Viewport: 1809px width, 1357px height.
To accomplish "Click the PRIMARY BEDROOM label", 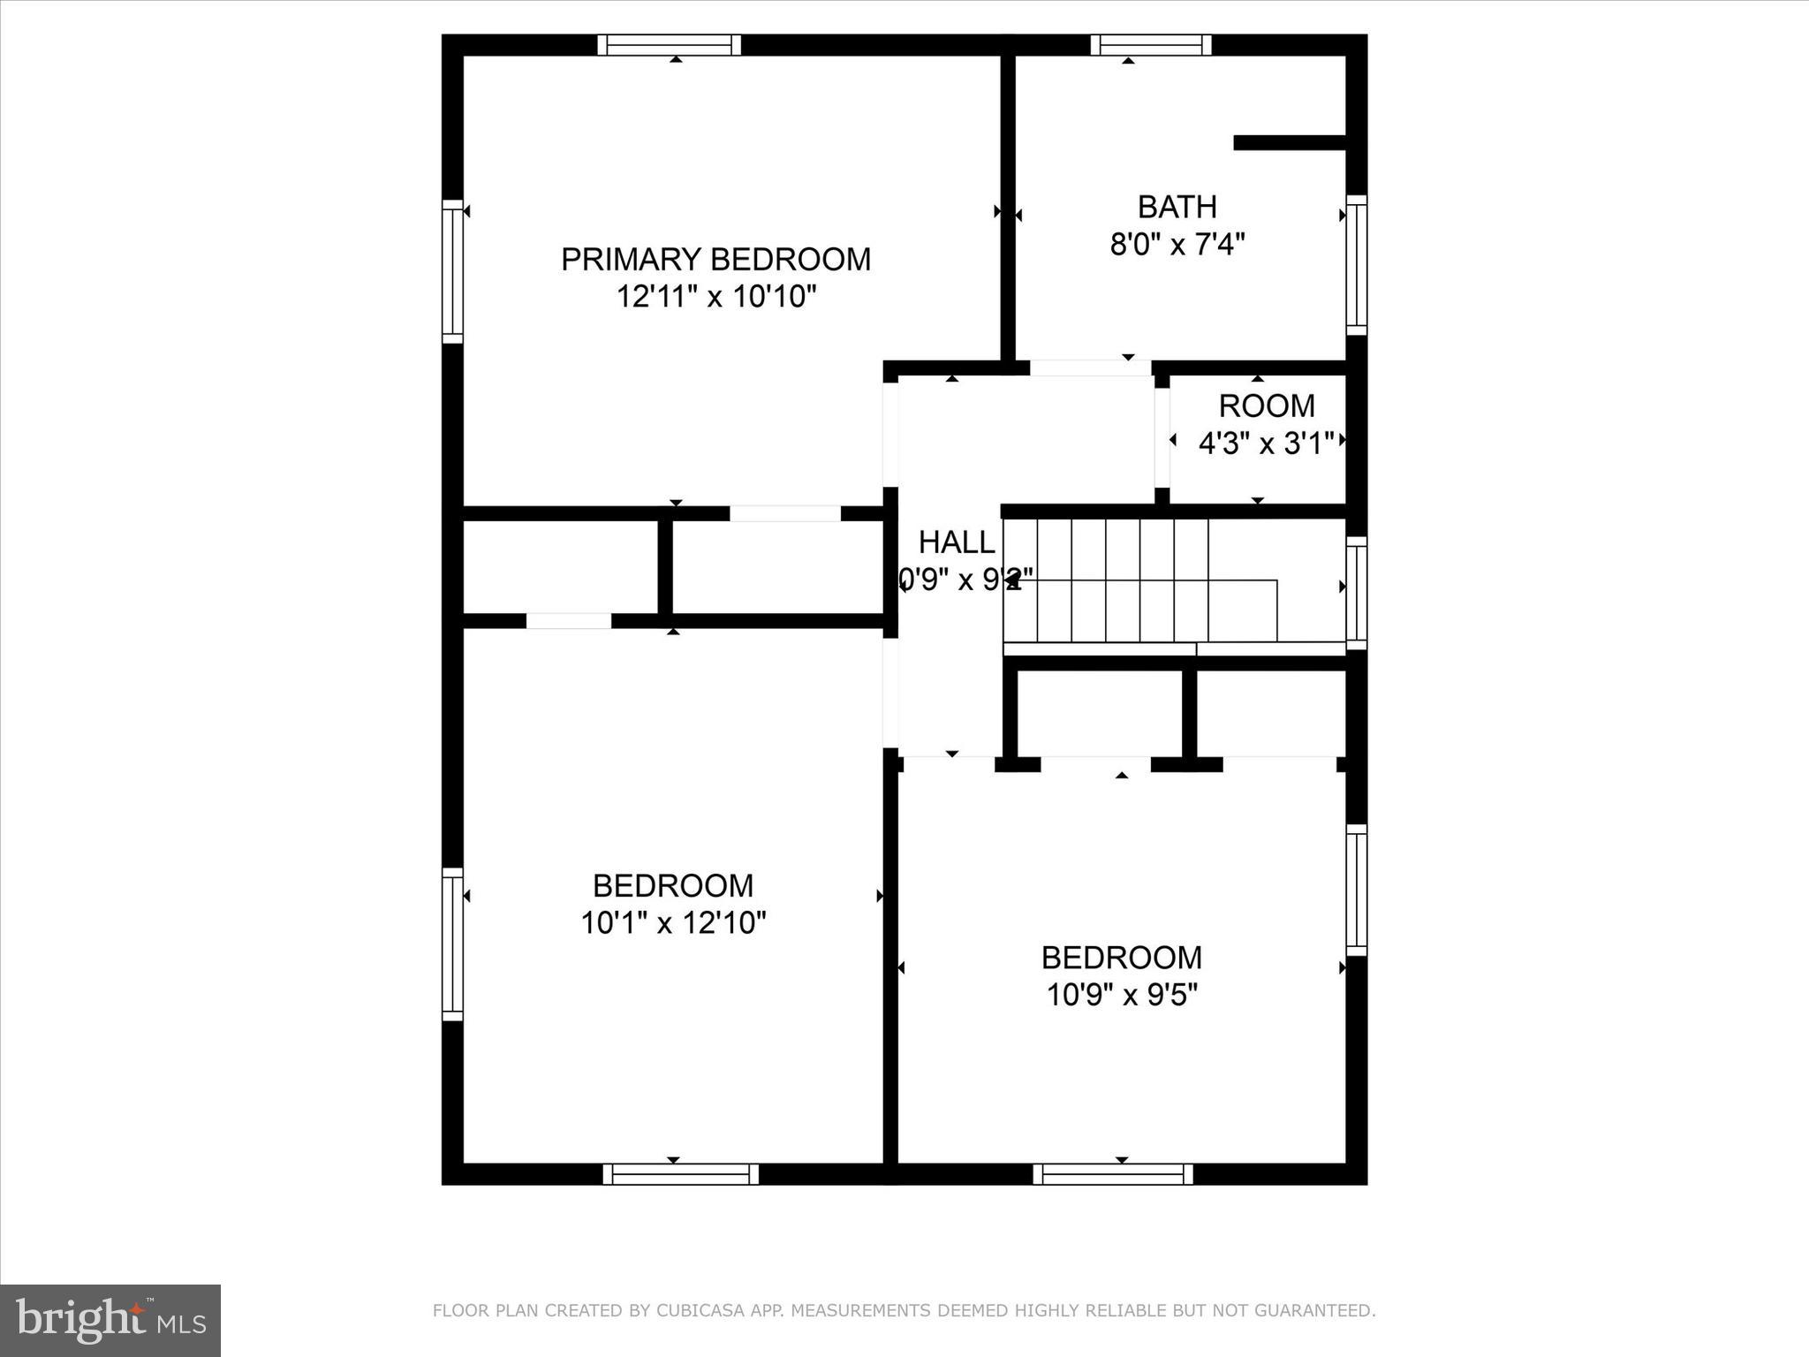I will (x=715, y=259).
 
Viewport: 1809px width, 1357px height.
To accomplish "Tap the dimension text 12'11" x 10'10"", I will (x=715, y=297).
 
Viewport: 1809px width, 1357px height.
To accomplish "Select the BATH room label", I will (x=1177, y=207).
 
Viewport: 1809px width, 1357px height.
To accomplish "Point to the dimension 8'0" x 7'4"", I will (x=1177, y=244).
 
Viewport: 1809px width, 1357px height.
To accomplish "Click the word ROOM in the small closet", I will (x=1267, y=406).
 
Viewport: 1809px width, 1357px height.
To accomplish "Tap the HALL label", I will (x=956, y=542).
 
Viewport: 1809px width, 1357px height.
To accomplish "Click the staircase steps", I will (x=1139, y=580).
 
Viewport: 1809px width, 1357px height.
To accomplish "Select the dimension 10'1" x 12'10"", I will (x=673, y=923).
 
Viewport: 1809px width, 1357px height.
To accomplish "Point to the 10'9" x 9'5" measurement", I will (x=1122, y=996).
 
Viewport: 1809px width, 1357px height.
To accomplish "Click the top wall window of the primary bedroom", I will (x=669, y=45).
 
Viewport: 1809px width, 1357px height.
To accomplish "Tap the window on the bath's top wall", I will (x=1150, y=45).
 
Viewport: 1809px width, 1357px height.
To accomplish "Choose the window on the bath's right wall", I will (x=1356, y=265).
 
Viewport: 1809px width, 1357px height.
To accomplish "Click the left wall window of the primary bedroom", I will (x=452, y=271).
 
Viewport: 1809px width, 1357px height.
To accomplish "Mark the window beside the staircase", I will (x=1356, y=593).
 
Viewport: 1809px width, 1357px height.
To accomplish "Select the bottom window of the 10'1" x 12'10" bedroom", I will (x=680, y=1174).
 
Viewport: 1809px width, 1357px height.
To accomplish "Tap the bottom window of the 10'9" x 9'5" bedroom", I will (x=1113, y=1174).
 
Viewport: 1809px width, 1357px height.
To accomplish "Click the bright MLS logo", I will (x=110, y=1320).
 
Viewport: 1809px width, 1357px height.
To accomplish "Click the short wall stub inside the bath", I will (x=1289, y=143).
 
